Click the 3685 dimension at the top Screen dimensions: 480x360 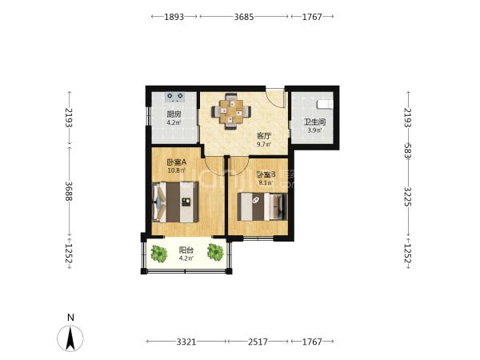tap(244, 17)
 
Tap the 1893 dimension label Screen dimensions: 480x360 tap(174, 17)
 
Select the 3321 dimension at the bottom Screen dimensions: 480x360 tap(186, 342)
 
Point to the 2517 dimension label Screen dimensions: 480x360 tap(258, 342)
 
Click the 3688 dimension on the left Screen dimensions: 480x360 tap(69, 191)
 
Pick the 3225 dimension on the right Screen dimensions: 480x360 tap(408, 197)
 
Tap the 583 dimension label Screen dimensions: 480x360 tap(408, 150)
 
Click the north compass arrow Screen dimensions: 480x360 tap(70, 338)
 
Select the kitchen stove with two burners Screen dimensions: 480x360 tap(174, 97)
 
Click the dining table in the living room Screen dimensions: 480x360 tap(231, 111)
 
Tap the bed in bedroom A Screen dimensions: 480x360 tap(175, 202)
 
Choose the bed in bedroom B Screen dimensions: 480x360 tap(262, 206)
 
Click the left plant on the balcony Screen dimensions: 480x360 tap(159, 254)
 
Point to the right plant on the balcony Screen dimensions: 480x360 tap(215, 252)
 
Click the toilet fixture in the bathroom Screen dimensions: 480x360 tap(325, 104)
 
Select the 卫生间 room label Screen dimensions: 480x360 tap(314, 122)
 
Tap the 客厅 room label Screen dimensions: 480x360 tap(263, 136)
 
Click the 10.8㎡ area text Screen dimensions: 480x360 tap(177, 170)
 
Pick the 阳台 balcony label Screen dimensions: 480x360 tap(186, 250)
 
